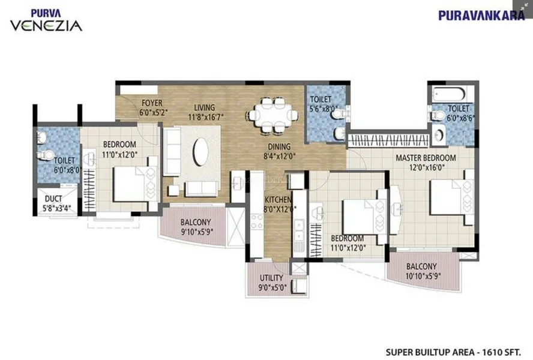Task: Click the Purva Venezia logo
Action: pyautogui.click(x=46, y=21)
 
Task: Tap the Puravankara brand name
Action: pyautogui.click(x=481, y=16)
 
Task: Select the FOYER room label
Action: pyautogui.click(x=152, y=103)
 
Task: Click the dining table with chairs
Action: pyautogui.click(x=272, y=113)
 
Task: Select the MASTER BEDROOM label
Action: pyautogui.click(x=425, y=158)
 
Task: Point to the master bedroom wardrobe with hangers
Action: pyautogui.click(x=388, y=142)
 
